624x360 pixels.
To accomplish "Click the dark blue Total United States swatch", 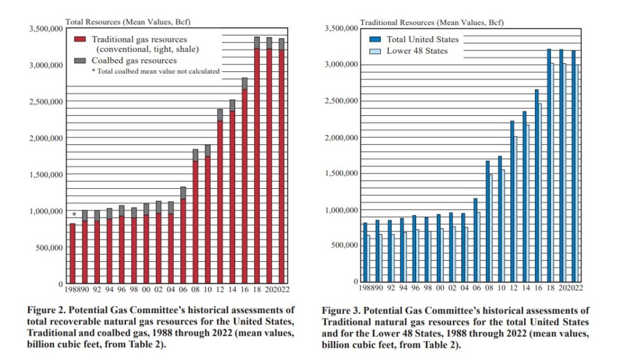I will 376,39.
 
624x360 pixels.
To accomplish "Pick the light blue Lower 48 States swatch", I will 376,51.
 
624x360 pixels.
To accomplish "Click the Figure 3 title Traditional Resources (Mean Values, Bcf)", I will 432,23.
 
